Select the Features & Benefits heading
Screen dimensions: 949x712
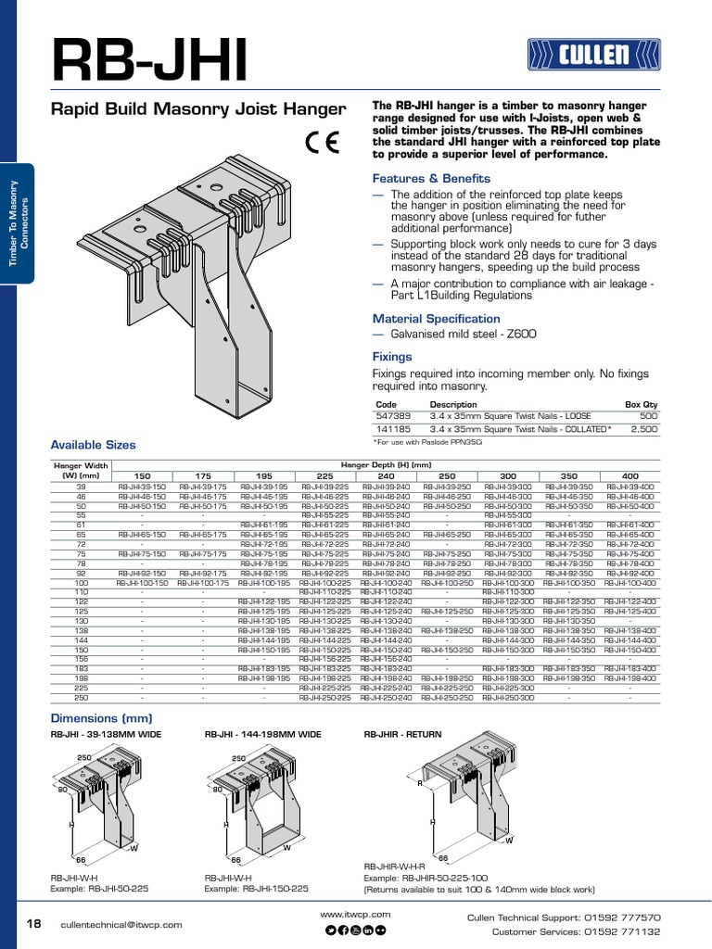[431, 178]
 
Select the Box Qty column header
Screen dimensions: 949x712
[642, 405]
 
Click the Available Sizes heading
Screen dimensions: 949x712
[93, 445]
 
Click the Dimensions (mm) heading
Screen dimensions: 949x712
[100, 718]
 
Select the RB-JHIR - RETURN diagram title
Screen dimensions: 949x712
[403, 734]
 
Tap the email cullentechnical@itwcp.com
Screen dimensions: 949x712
[121, 924]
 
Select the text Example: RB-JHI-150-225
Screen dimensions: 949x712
[257, 888]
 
